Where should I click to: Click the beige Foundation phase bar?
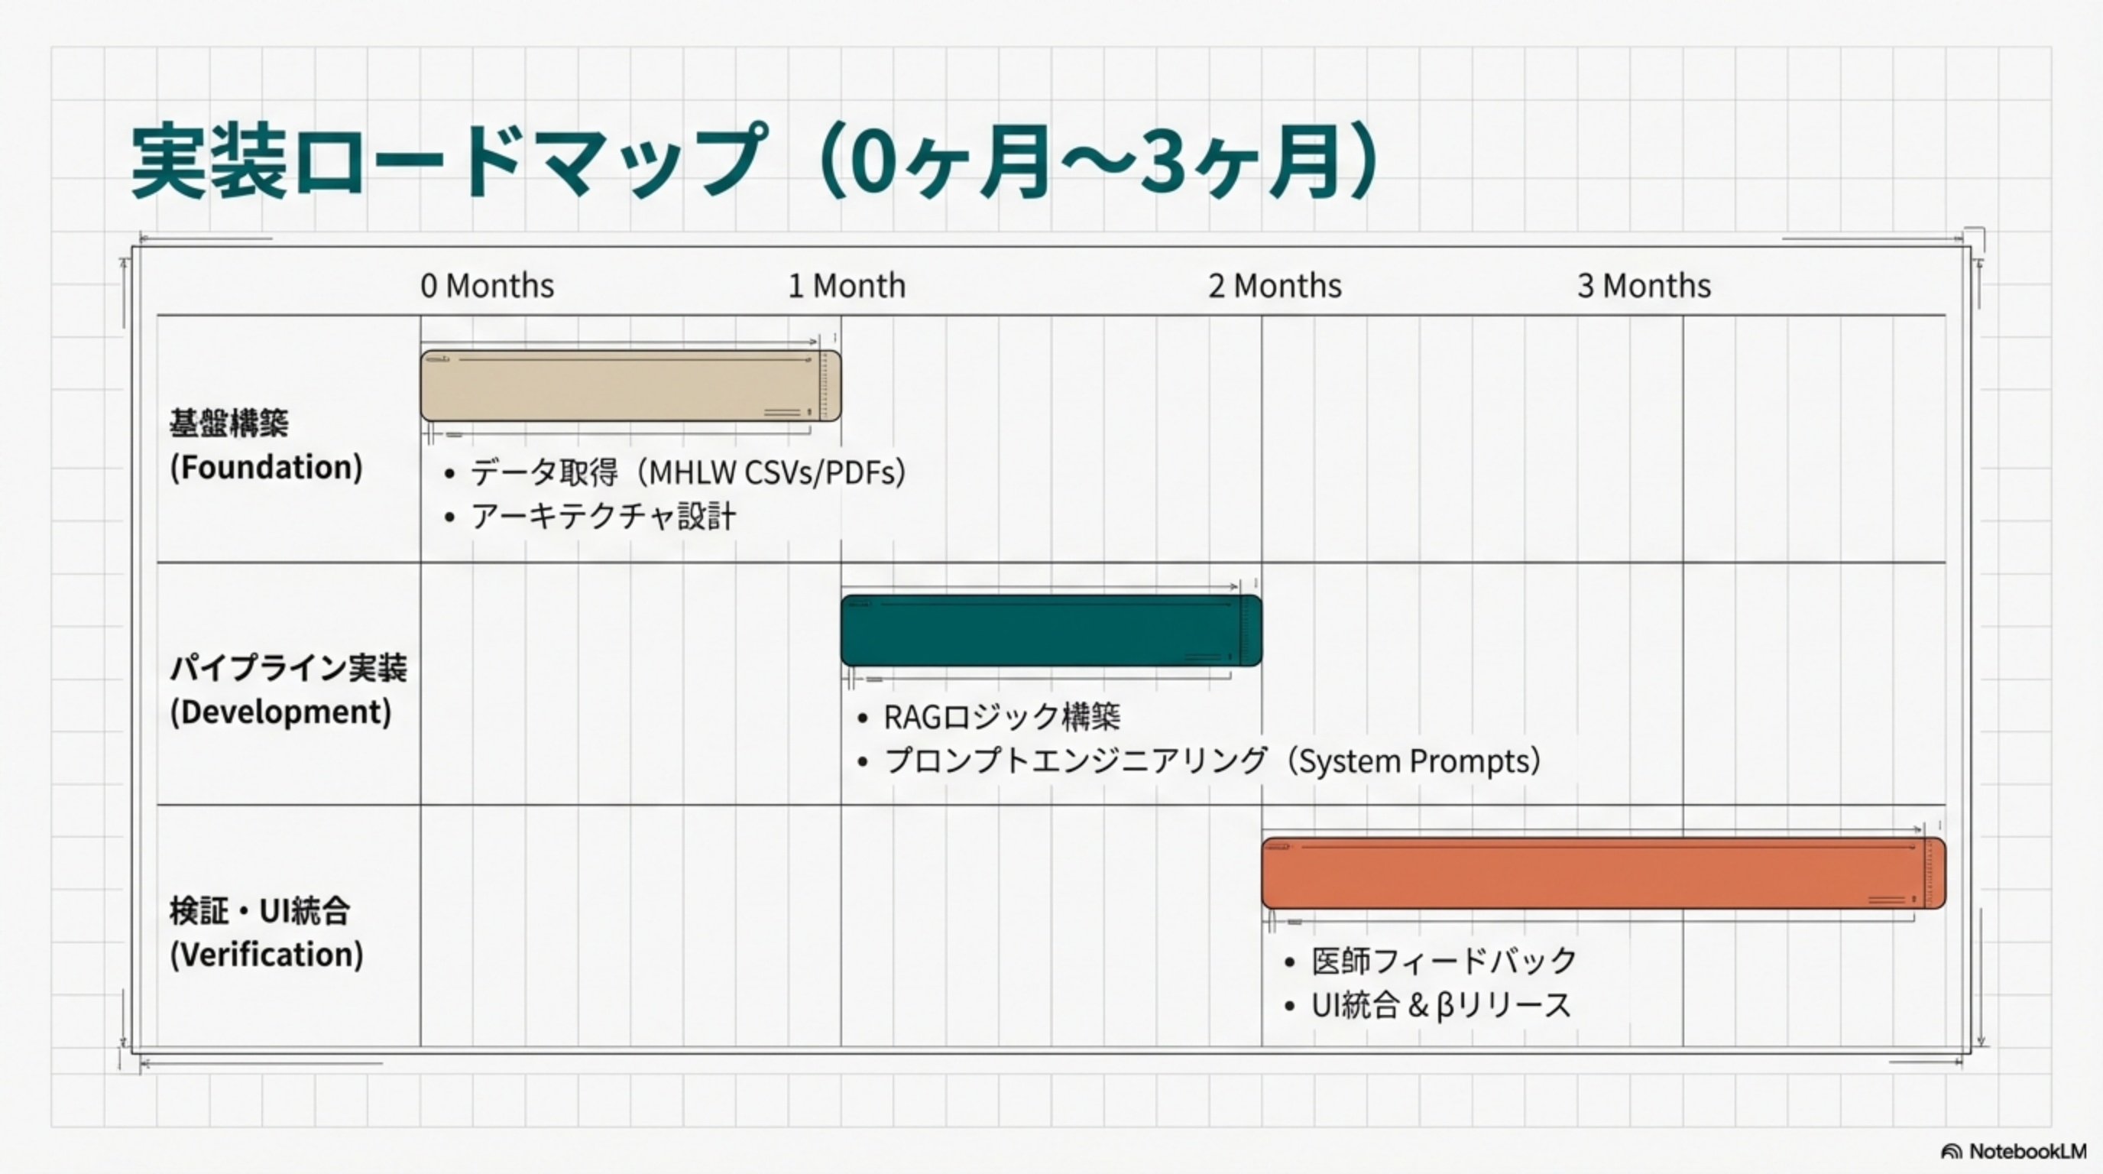[630, 386]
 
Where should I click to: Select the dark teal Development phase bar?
[1051, 631]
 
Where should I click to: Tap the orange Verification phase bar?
[1602, 873]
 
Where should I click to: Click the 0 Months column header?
[488, 286]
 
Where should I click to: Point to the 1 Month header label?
[847, 286]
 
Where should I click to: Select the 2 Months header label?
[1275, 286]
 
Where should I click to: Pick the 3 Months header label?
[1644, 286]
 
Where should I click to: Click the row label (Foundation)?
[266, 467]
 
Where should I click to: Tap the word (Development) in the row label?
[280, 712]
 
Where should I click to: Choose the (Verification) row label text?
[266, 955]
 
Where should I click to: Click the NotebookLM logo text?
[2027, 1151]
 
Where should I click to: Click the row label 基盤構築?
[229, 423]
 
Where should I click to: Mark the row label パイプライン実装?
[288, 668]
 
